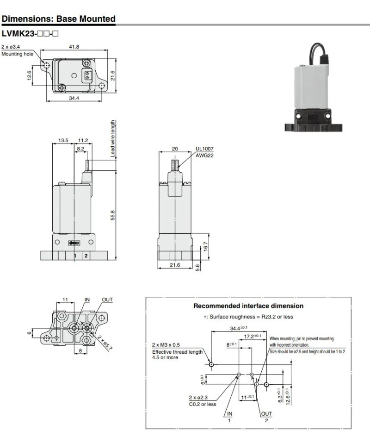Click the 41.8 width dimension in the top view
pyautogui.click(x=74, y=47)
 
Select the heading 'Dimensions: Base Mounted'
pyautogui.click(x=59, y=19)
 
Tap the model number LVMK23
pyautogui.click(x=18, y=33)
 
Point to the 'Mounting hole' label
pyautogui.click(x=17, y=54)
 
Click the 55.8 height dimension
pyautogui.click(x=113, y=216)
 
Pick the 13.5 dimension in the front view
pyautogui.click(x=63, y=140)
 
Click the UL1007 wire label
pyautogui.click(x=204, y=149)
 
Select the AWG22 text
pyautogui.click(x=204, y=155)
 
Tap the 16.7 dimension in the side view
pyautogui.click(x=206, y=247)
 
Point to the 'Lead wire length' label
pyautogui.click(x=113, y=139)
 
